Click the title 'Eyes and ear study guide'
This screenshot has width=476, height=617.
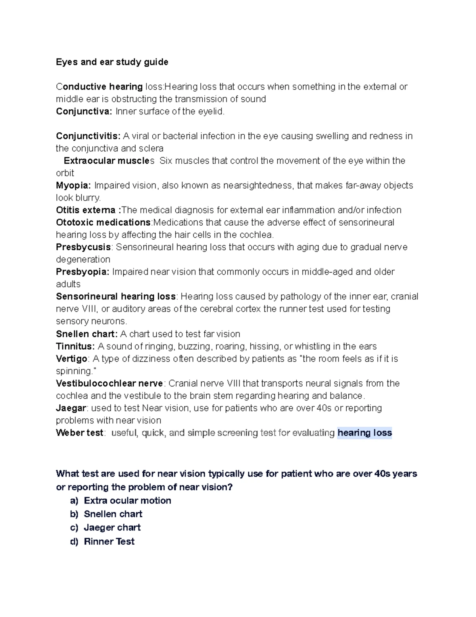coord(112,62)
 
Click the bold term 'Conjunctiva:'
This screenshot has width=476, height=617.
coord(84,111)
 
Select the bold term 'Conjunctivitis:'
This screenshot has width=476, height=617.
coord(88,136)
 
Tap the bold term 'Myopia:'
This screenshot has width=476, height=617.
coord(73,186)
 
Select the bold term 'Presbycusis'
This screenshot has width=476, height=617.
coord(83,247)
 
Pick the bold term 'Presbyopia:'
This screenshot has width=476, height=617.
coord(83,272)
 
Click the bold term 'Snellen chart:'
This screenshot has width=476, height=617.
coord(86,334)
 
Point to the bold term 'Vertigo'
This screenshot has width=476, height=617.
coord(71,358)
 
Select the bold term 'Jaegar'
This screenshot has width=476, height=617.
coord(71,408)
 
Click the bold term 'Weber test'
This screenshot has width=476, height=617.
coord(79,433)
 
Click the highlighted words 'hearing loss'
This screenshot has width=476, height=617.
coord(365,433)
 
